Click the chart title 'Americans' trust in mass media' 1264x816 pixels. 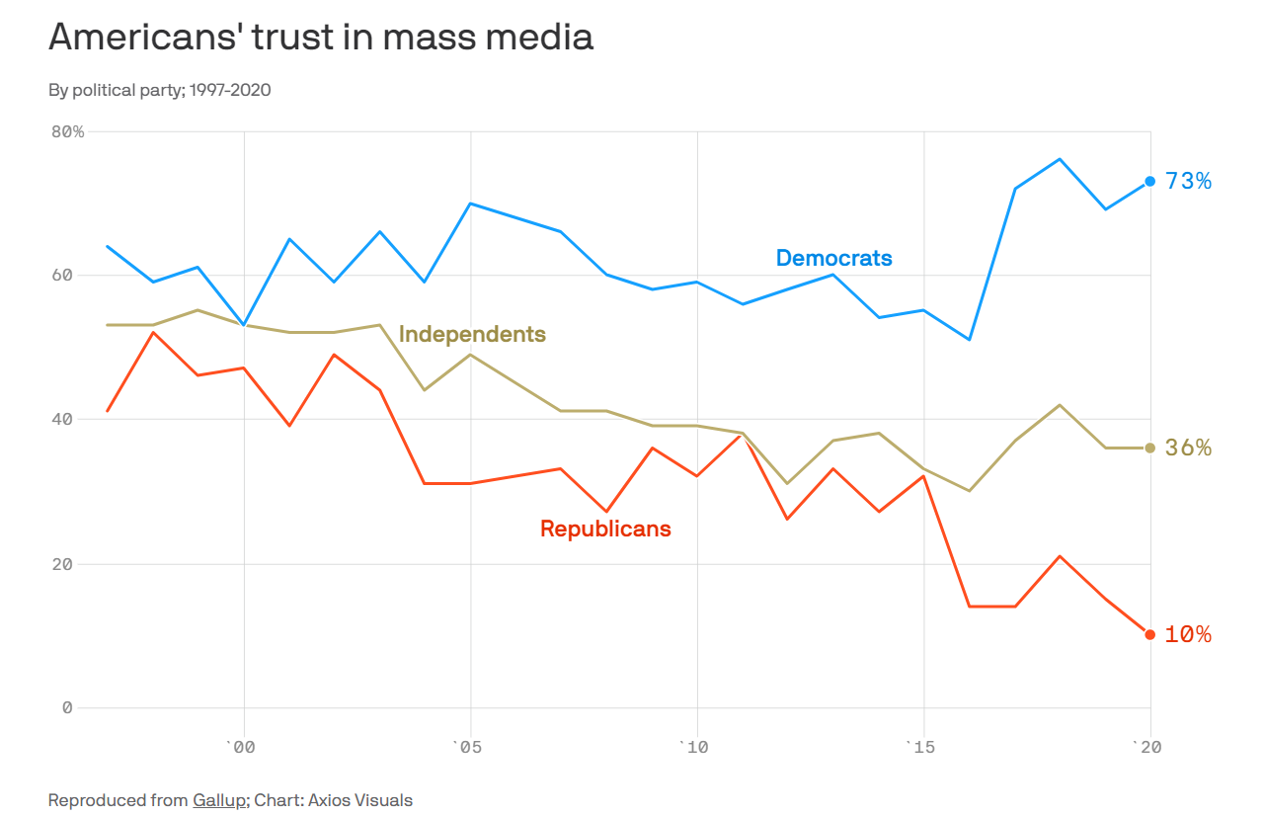(321, 38)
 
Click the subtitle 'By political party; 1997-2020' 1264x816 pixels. (160, 90)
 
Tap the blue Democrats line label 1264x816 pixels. (833, 258)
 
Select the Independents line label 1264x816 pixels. (472, 334)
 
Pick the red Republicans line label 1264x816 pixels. (605, 529)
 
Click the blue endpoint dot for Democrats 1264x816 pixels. (1149, 181)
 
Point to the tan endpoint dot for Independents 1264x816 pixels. (1149, 448)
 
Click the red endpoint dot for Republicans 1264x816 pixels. (1149, 634)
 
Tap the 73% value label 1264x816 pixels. (1188, 181)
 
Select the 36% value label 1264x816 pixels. (1188, 448)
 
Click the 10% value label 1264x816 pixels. (1188, 634)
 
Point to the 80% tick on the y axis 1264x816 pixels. (67, 131)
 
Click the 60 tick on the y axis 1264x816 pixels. (61, 275)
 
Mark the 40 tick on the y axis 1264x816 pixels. (61, 419)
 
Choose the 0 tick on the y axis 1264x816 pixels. (67, 707)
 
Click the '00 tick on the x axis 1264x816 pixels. (241, 747)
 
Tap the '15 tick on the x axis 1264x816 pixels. (921, 747)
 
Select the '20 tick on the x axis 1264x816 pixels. (1147, 747)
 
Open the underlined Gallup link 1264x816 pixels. (219, 800)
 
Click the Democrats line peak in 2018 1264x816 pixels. (1060, 159)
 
